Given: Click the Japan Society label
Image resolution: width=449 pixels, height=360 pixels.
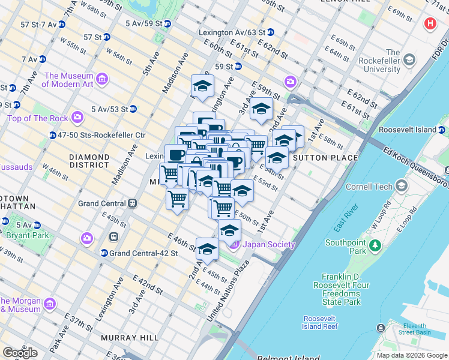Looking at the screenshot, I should click(268, 244).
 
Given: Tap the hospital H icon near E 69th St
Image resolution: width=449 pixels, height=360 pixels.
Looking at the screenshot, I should click(430, 25).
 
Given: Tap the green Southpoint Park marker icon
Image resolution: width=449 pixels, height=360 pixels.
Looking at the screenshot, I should click(375, 245).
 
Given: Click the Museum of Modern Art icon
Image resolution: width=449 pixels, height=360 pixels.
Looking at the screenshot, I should click(101, 80).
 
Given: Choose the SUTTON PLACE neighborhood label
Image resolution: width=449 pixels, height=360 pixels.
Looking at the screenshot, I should click(325, 158).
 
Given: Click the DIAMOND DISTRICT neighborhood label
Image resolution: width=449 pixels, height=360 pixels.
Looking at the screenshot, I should click(89, 161).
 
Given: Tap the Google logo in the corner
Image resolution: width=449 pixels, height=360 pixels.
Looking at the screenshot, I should click(20, 353).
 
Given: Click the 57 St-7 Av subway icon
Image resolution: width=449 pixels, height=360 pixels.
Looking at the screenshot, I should click(64, 24).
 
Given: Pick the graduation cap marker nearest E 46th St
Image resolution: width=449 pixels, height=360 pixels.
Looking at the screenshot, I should click(207, 248).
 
